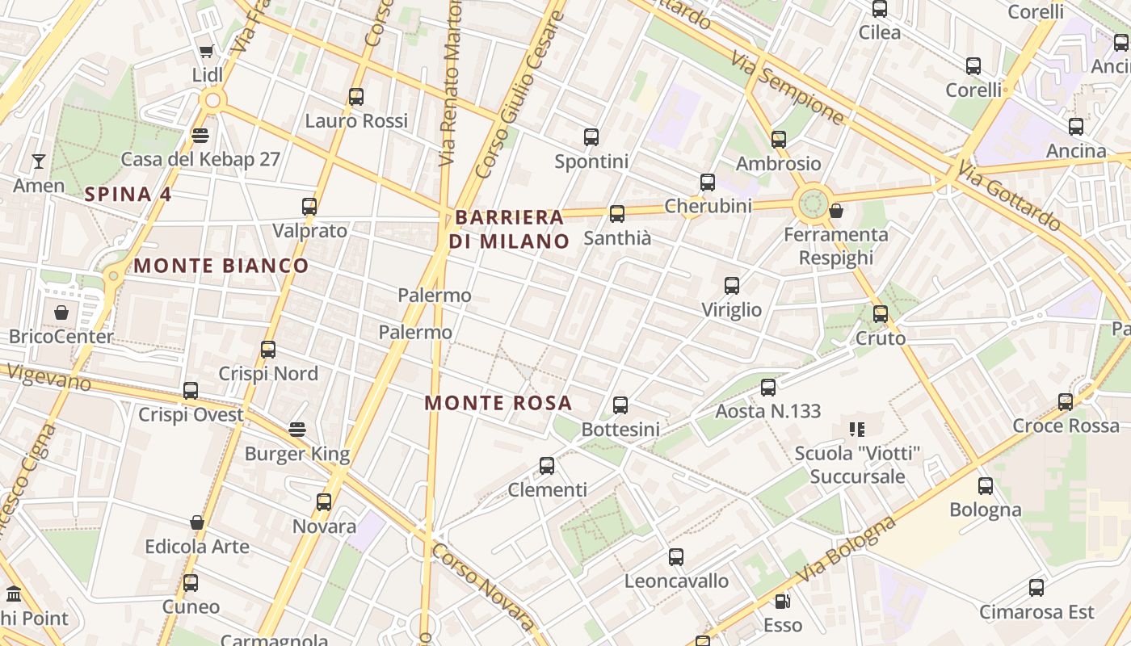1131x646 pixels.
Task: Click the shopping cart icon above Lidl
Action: coord(206,52)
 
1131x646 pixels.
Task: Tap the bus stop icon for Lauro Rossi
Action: coord(356,97)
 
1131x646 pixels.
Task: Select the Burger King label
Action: coord(297,454)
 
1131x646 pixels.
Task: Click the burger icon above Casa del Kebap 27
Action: coord(200,135)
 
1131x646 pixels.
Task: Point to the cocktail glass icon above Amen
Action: coord(38,161)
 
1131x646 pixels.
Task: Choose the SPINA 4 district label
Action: coord(128,194)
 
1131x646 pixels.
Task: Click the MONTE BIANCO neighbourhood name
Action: coord(221,266)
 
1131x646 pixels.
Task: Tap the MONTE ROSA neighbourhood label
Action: coord(498,403)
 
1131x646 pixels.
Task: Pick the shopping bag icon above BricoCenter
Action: coord(61,312)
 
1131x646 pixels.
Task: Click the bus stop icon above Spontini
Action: coord(591,137)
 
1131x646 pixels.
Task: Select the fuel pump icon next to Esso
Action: coord(782,602)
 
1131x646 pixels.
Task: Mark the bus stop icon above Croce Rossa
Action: coord(1066,401)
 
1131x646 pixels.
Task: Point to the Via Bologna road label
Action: coord(847,551)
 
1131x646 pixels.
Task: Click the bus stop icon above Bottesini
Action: coord(620,405)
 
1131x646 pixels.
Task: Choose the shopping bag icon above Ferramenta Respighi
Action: coord(836,211)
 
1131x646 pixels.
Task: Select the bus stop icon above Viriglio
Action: coord(732,286)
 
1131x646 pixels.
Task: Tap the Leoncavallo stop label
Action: coord(676,581)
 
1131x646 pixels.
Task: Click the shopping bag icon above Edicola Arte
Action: coord(197,522)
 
